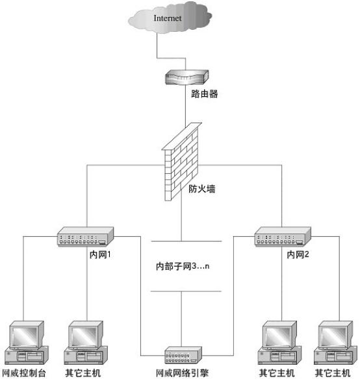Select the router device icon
coord(185,78)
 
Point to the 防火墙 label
coord(202,190)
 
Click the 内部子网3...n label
coord(185,266)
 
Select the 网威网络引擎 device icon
coord(185,356)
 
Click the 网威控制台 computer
coord(25,343)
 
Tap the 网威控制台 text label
coord(25,374)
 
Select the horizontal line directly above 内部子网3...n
coord(186,241)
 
